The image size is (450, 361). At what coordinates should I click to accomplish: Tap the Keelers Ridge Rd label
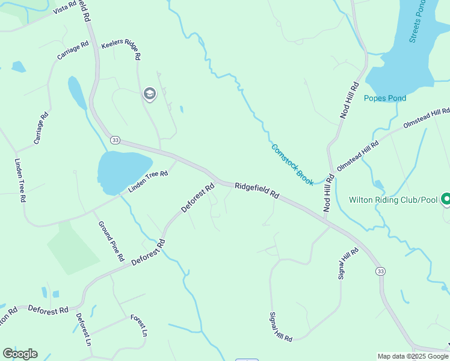point(122,49)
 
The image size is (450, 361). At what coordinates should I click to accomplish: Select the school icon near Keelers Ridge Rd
point(149,94)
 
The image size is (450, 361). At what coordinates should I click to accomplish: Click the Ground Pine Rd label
point(112,241)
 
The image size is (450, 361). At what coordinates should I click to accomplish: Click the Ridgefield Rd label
point(257,191)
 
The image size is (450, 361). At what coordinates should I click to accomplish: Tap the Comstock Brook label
point(292,164)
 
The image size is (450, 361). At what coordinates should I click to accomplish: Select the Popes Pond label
point(385,98)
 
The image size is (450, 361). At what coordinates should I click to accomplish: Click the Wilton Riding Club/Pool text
point(393,199)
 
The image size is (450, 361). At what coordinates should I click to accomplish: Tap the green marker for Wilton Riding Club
point(446,199)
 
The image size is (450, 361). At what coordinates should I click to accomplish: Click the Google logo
point(20,354)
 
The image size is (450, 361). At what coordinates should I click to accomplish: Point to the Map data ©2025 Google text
point(413,356)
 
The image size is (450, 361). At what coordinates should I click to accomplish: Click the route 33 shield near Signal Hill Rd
point(380,272)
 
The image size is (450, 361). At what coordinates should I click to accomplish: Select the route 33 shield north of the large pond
point(116,140)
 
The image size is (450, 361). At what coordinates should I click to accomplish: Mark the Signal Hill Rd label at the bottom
point(280,327)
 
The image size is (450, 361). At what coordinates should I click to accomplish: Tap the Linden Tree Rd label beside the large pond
point(147,182)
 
